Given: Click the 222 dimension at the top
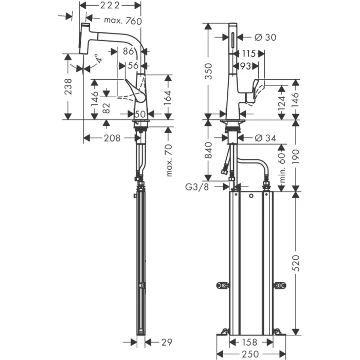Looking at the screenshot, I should pos(109,6).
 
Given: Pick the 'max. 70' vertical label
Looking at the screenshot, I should pos(170,159).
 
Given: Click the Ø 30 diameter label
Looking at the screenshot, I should pos(265,37).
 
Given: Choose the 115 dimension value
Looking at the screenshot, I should pos(249,53).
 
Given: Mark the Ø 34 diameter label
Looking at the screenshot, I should pos(265,138).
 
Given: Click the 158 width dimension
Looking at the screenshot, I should pos(250,341).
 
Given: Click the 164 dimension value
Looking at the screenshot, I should pos(169,96).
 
